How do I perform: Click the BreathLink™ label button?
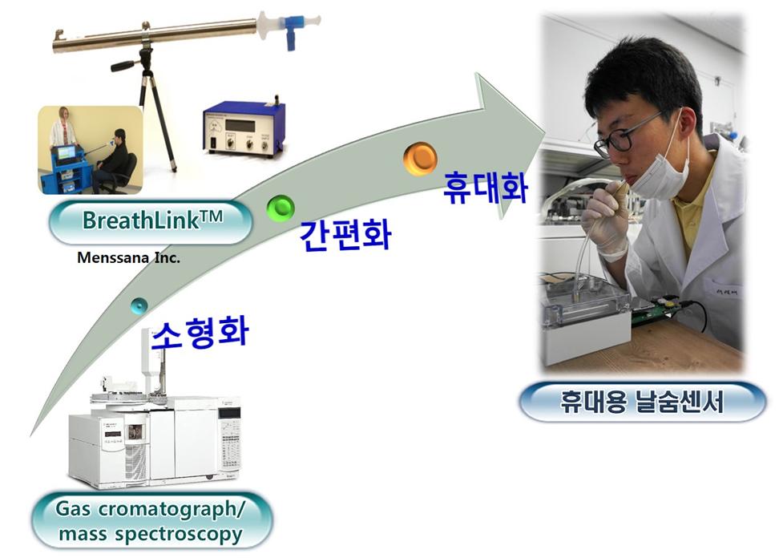(x=151, y=221)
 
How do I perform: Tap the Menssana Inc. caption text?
(x=128, y=258)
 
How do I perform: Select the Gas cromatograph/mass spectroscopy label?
(x=151, y=521)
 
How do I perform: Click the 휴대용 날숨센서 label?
(x=642, y=402)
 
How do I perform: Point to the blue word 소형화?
(x=200, y=333)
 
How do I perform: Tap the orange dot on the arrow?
(x=420, y=159)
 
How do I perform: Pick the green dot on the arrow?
(x=281, y=208)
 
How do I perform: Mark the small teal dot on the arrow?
(x=139, y=305)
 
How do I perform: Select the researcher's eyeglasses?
(x=624, y=134)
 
